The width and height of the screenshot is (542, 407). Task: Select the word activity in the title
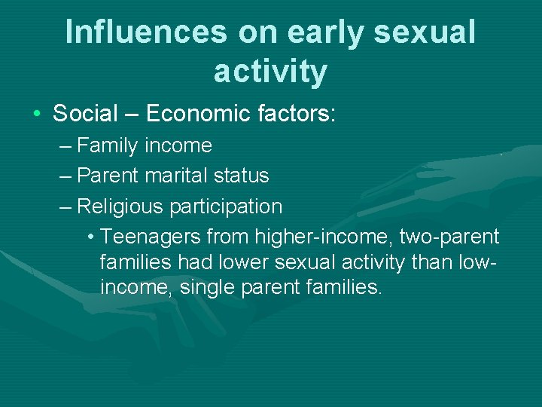(x=270, y=72)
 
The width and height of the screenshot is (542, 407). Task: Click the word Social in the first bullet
(x=85, y=114)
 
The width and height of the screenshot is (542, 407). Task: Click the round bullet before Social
(x=36, y=114)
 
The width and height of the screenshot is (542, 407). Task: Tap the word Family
(x=108, y=145)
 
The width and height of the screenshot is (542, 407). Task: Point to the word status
(x=240, y=176)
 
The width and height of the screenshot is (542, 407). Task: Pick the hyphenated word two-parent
(x=449, y=237)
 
